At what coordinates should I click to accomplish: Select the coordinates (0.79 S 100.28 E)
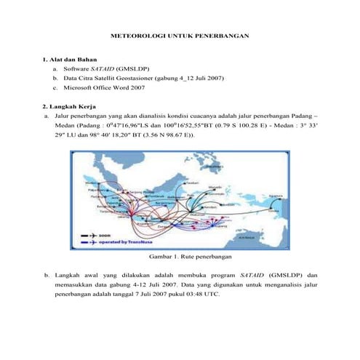pos(259,125)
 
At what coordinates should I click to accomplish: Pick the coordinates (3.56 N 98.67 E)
pos(156,135)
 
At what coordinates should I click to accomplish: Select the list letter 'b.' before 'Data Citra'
pos(55,76)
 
